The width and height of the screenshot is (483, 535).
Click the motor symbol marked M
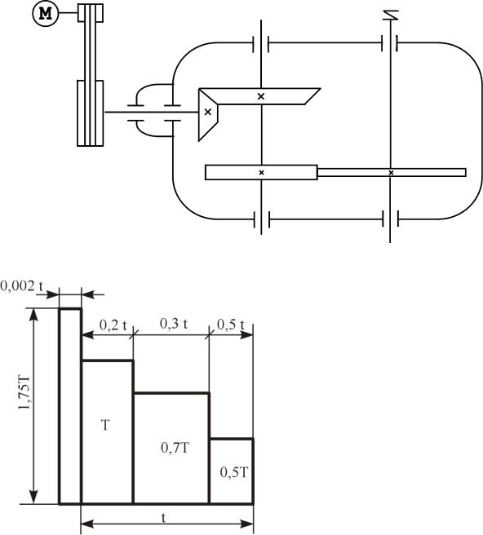coord(46,14)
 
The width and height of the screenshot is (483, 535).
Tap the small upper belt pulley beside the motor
coord(91,13)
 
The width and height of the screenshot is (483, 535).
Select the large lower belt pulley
coord(91,113)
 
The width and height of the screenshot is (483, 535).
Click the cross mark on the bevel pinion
coord(207,112)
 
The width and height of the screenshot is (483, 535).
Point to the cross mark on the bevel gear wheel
coord(261,96)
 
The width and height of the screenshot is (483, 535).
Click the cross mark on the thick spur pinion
coord(261,172)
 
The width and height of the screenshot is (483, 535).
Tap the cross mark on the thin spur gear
coord(391,173)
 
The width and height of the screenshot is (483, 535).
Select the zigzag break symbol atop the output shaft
coord(391,15)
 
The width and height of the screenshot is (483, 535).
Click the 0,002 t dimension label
coord(21,286)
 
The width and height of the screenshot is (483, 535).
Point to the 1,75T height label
coord(24,393)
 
